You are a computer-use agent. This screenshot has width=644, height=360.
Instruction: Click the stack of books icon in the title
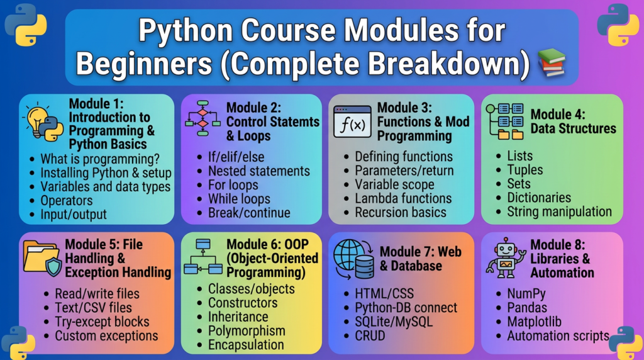pos(552,62)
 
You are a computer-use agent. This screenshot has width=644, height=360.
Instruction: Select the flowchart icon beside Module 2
pos(203,118)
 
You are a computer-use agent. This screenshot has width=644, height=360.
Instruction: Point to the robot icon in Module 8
pos(506,258)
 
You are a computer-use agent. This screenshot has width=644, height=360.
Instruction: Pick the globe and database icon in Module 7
pos(353,259)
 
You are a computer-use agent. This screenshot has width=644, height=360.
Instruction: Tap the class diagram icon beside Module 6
pos(203,256)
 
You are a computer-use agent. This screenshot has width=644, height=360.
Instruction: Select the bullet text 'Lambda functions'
pos(403,198)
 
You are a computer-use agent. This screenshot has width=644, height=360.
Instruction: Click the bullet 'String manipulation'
pos(559,211)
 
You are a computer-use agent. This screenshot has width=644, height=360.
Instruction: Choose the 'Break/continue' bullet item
pos(249,213)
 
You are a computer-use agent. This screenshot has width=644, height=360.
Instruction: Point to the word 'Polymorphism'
pos(247,331)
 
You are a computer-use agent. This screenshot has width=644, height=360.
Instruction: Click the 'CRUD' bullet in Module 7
pos(370,335)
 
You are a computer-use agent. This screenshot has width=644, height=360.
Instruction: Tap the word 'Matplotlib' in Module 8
pos(534,322)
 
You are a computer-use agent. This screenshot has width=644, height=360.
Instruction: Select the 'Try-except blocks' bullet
pos(103,322)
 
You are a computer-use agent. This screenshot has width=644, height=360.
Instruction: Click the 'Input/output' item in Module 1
pos(74,215)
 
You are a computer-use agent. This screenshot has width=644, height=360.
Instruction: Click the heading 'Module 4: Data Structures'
pos(574,121)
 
